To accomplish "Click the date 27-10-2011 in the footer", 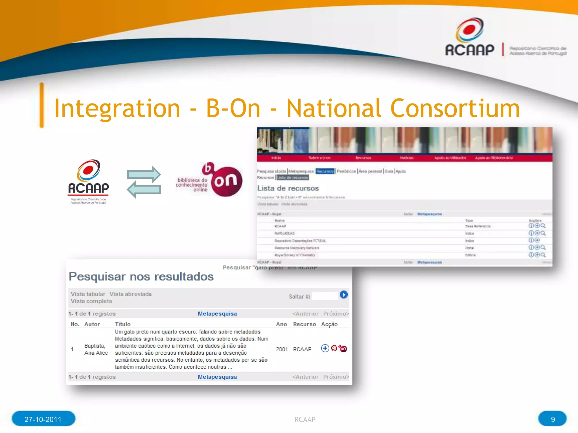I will tap(43, 419).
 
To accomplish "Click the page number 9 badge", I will tap(552, 419).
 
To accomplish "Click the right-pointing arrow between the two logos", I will tap(144, 174).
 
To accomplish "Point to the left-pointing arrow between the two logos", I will tap(144, 189).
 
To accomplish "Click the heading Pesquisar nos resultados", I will tap(141, 276).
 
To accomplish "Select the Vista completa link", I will tap(91, 301).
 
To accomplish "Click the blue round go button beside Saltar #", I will tap(343, 295).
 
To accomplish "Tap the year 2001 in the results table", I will tap(282, 349).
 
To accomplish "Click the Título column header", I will tap(122, 324).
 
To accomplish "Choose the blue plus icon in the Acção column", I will tap(325, 348).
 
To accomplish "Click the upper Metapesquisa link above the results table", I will tap(217, 314).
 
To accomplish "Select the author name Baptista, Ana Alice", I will tap(96, 349).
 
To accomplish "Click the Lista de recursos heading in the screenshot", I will tap(288, 188).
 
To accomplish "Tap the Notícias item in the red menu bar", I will tap(406, 158).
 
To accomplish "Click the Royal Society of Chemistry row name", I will tap(295, 255).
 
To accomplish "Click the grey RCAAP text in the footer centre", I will tap(305, 419).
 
